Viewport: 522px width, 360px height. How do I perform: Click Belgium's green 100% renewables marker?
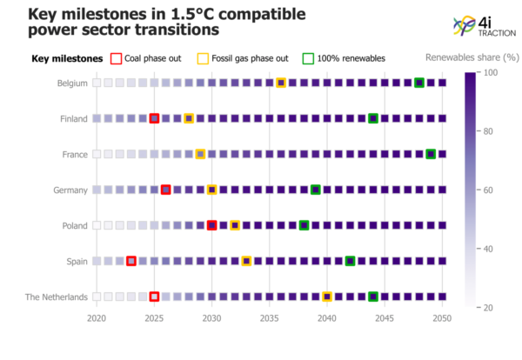pyautogui.click(x=419, y=83)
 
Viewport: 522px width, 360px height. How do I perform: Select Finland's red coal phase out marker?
pyautogui.click(x=154, y=118)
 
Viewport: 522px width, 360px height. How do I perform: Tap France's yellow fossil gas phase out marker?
pyautogui.click(x=200, y=154)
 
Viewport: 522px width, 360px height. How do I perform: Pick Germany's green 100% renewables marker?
pyautogui.click(x=316, y=190)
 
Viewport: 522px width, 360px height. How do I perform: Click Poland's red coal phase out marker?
pyautogui.click(x=211, y=225)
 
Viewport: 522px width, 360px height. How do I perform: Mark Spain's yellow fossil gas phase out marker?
pyautogui.click(x=246, y=261)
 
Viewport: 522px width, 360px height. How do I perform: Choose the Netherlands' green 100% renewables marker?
pyautogui.click(x=373, y=297)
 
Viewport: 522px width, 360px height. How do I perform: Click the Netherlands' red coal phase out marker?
pyautogui.click(x=154, y=297)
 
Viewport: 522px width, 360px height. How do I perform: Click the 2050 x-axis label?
pyautogui.click(x=442, y=318)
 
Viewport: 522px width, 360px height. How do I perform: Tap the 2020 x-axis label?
pyautogui.click(x=97, y=318)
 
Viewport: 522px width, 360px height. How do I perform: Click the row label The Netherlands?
pyautogui.click(x=57, y=297)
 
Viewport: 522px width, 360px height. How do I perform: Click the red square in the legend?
pyautogui.click(x=117, y=58)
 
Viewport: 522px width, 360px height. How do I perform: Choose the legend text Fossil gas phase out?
pyautogui.click(x=250, y=58)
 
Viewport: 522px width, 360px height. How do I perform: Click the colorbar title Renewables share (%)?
pyautogui.click(x=472, y=57)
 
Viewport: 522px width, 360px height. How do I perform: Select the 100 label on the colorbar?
pyautogui.click(x=490, y=72)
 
